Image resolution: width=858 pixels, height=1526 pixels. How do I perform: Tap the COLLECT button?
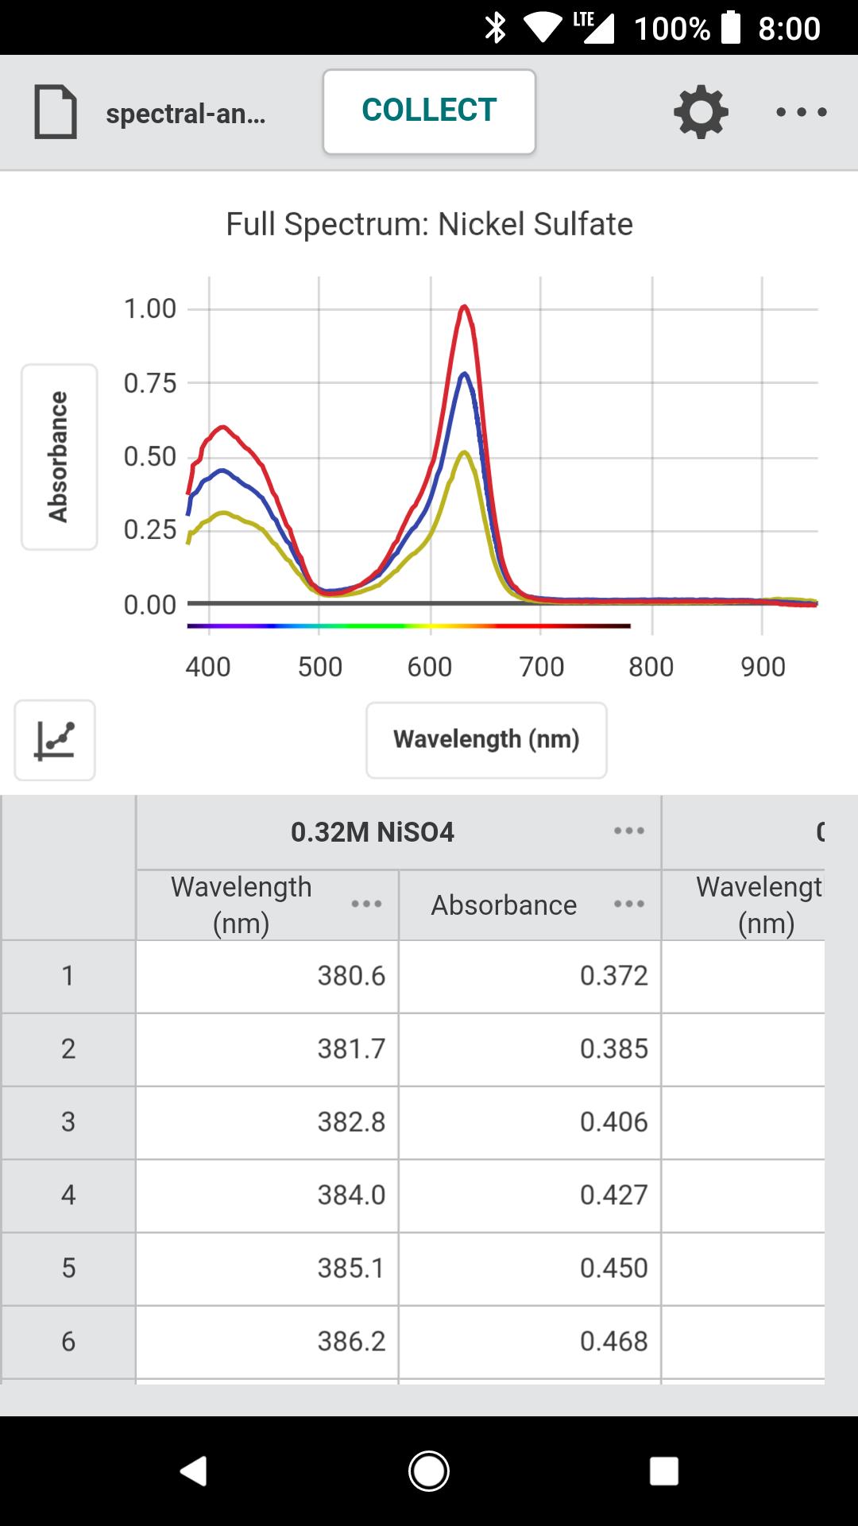pos(429,111)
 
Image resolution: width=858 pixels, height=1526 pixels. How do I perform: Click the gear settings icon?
pos(701,112)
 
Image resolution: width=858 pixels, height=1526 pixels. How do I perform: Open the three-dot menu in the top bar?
pos(801,112)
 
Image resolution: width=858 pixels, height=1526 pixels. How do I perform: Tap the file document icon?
pos(56,112)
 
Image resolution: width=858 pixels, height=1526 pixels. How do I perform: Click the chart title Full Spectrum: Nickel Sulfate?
pos(429,224)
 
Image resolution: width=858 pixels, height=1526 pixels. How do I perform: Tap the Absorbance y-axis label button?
pos(59,456)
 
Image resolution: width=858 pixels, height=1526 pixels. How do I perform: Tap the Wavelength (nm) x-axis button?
pos(486,739)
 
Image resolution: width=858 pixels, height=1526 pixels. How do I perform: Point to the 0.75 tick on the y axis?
pos(150,383)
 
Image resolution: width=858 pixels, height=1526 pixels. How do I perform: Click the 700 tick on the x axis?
pos(541,666)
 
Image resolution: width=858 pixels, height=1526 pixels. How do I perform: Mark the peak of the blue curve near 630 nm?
pos(463,374)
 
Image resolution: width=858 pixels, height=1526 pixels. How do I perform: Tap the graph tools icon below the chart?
pos(55,740)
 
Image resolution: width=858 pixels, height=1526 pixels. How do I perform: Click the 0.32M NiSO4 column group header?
pos(373,832)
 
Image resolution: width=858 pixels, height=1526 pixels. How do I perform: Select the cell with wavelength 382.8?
pos(268,1121)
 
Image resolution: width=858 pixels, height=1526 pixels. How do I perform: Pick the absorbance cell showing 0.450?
pos(530,1268)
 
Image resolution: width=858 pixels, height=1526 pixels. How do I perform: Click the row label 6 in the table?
pos(68,1341)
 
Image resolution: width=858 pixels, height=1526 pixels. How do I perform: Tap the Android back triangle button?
pos(194,1470)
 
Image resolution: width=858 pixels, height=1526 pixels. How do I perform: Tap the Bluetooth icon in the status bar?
pos(496,28)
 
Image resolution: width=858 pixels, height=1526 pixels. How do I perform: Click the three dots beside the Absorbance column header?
pos(628,904)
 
